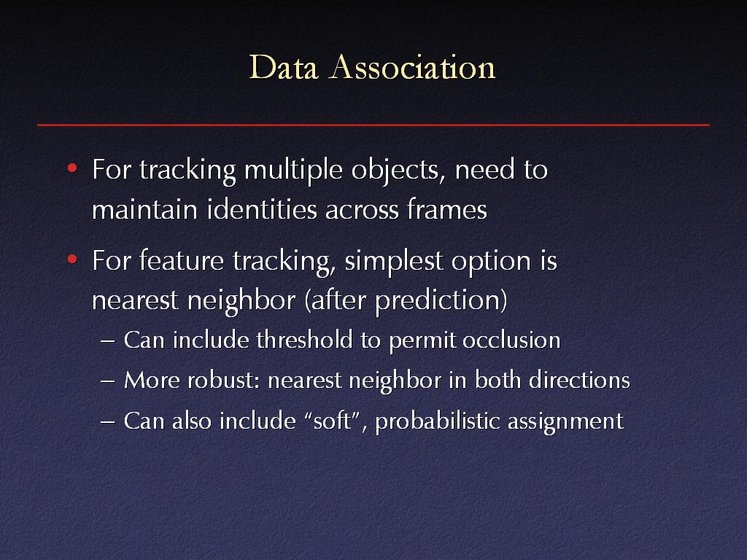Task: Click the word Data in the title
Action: [284, 67]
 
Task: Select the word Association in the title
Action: [413, 67]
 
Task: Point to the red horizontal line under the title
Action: [373, 125]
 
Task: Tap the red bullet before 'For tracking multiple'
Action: [72, 168]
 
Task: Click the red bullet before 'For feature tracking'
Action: [72, 259]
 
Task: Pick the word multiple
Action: [293, 170]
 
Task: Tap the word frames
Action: [447, 209]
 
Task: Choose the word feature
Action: [181, 261]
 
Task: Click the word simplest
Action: [393, 262]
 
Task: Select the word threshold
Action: [304, 340]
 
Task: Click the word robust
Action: [223, 381]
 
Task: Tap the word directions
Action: [579, 381]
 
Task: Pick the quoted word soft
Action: [332, 421]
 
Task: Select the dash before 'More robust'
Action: [108, 381]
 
